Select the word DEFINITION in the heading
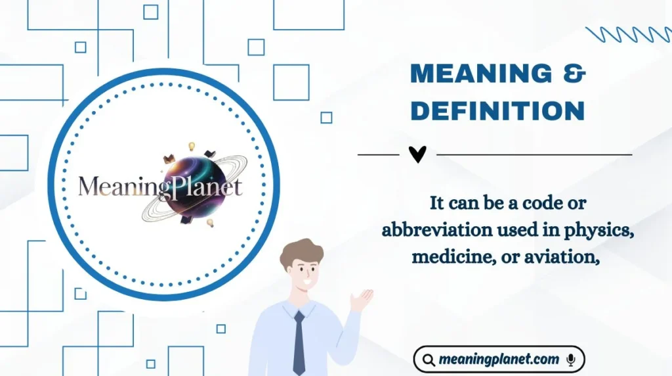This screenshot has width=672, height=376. click(x=497, y=110)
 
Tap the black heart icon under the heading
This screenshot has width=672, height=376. click(x=417, y=154)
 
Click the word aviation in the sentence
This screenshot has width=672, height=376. click(x=565, y=257)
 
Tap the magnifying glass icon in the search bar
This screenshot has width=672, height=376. click(x=429, y=360)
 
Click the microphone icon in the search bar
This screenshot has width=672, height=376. click(x=571, y=360)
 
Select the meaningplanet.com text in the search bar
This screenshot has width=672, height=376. click(x=499, y=360)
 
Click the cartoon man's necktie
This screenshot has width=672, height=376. click(x=299, y=342)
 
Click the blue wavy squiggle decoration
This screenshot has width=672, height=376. click(x=627, y=35)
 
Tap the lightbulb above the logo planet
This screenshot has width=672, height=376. click(x=192, y=147)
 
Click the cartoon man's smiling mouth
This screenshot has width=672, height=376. click(x=308, y=284)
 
